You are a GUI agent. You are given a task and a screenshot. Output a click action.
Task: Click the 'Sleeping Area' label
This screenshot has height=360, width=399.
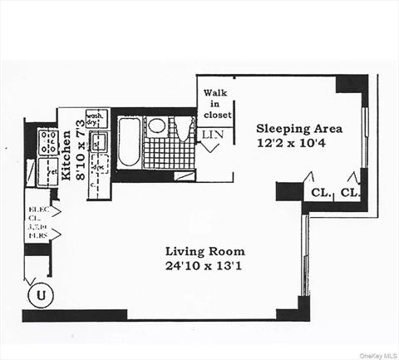(298, 129)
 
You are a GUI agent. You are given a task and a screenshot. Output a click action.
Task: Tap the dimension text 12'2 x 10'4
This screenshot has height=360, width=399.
(298, 144)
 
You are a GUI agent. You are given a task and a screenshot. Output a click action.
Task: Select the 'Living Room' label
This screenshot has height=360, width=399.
(204, 251)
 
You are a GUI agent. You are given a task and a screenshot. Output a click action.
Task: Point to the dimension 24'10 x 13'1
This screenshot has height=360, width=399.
(204, 266)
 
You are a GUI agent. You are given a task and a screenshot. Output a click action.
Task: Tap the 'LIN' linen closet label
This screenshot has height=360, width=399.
(212, 133)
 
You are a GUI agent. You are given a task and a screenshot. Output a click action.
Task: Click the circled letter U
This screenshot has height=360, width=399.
(37, 293)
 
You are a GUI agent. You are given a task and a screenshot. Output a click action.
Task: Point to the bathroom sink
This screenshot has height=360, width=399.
(156, 126)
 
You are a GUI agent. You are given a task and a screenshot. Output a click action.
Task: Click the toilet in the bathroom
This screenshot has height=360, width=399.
(185, 129)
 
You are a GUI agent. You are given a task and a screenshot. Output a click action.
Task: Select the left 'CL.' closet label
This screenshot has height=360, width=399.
(320, 193)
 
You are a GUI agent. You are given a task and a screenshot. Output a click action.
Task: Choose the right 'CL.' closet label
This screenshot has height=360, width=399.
(350, 193)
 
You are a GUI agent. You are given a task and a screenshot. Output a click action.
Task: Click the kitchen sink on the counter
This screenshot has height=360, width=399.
(100, 141)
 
